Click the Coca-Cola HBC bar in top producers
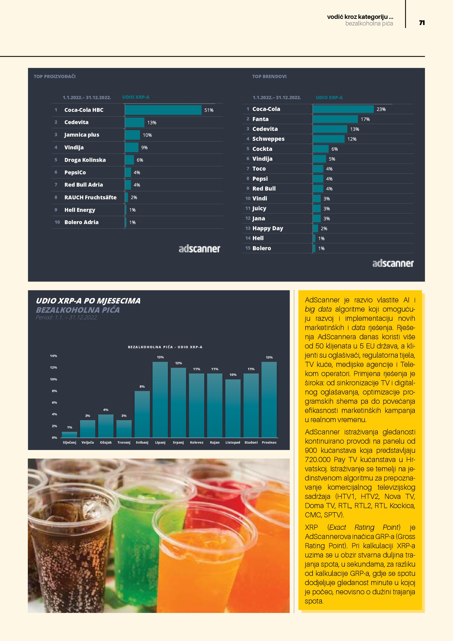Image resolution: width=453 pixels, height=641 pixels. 163,110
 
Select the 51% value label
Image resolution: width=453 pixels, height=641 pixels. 209,110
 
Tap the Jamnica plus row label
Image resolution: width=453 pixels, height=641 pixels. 82,135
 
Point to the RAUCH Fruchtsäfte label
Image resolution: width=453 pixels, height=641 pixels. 90,197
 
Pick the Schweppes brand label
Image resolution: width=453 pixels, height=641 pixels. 268,139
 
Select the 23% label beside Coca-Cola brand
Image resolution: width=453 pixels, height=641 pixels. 381,109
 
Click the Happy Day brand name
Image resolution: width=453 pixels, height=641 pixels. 268,228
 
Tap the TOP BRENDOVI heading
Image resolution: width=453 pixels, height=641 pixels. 269,77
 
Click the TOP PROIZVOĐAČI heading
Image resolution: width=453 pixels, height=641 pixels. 55,77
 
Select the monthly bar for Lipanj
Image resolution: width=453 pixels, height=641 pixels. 160,400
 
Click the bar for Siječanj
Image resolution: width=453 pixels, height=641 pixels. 69,434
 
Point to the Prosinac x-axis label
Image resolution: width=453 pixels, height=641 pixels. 269,443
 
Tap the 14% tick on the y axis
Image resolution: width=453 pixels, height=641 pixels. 53,356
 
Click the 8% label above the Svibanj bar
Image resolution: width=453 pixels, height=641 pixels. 142,387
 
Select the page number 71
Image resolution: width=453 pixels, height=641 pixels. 422,23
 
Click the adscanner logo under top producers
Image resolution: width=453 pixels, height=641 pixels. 199,249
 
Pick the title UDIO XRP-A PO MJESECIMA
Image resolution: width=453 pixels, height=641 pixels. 88,301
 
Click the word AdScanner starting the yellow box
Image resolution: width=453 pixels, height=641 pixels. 322,300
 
